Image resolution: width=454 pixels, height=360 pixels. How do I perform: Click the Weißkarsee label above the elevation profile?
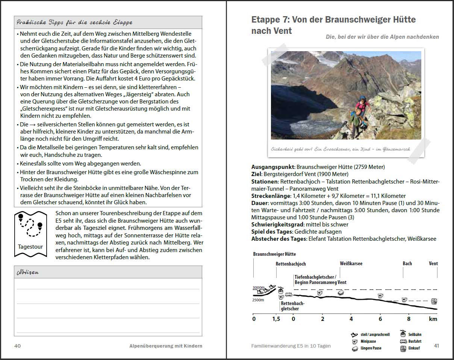tap(351, 263)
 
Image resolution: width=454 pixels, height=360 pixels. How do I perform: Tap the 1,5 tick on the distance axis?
tap(276, 319)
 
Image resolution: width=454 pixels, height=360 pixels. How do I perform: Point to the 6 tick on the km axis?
tap(380, 319)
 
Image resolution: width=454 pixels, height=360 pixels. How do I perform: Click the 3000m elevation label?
tap(258, 287)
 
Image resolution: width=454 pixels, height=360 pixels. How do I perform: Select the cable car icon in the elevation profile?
tap(280, 290)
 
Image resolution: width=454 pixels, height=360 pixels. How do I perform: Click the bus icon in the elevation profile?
tap(289, 295)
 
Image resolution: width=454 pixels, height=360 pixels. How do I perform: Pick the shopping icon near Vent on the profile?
tap(434, 301)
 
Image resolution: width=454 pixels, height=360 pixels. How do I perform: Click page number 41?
tap(436, 346)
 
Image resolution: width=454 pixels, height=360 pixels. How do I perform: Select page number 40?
tap(17, 346)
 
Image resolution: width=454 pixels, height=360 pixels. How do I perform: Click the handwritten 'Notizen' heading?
tap(28, 272)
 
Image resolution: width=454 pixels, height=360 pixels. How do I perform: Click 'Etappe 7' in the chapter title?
tap(269, 20)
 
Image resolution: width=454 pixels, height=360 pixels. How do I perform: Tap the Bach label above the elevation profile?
tap(407, 263)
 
